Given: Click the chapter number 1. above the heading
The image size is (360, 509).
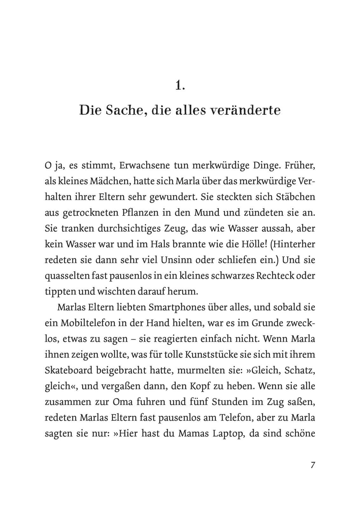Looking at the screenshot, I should [x=180, y=85].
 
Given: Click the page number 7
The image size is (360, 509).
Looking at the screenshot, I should [x=313, y=465].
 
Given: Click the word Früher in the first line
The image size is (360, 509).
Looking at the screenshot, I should [x=300, y=165].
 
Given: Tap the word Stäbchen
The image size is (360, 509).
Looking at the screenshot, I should [x=296, y=197].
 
